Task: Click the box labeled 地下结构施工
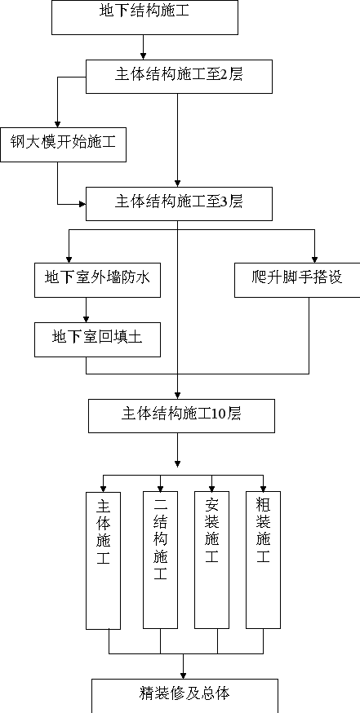coord(144,17)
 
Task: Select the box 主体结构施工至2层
coord(180,77)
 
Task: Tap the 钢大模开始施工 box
coord(63,144)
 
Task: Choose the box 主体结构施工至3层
coord(180,204)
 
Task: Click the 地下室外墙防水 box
coord(97,280)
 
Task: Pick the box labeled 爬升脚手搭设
coord(297,280)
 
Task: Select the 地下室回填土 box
coord(97,339)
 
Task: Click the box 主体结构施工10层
coord(181,415)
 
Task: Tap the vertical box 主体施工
coord(104,560)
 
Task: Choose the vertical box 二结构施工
coord(160,560)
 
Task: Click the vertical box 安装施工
coord(211,560)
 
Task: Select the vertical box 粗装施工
coord(263,560)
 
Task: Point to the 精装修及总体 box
coord(184,696)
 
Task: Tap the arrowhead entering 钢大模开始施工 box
coord(57,125)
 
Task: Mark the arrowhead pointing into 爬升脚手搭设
coord(314,260)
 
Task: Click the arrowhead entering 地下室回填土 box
coord(86,319)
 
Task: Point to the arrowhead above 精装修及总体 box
coord(184,675)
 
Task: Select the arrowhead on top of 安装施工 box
coord(211,488)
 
